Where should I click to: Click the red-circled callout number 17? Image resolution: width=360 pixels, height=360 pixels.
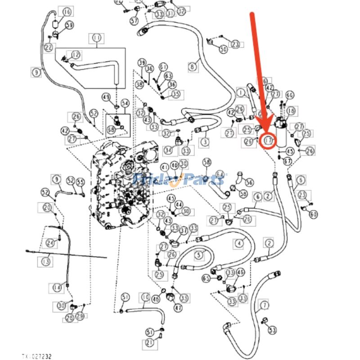(x=269, y=141)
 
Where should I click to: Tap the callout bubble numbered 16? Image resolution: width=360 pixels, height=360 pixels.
(x=67, y=12)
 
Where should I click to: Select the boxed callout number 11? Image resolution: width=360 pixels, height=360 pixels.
(x=96, y=39)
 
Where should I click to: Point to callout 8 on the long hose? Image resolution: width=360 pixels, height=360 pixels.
(x=193, y=67)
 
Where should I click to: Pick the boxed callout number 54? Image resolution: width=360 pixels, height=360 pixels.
(x=125, y=104)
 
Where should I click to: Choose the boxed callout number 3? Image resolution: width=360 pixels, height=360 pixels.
(x=205, y=142)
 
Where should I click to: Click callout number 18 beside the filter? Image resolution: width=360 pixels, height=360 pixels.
(x=291, y=111)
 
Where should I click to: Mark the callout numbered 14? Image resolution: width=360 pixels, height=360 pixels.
(x=57, y=287)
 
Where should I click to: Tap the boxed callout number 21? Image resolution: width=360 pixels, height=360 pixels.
(x=149, y=345)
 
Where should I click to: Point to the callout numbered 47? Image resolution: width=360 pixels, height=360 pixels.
(x=178, y=308)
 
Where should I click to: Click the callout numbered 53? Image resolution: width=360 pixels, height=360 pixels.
(x=272, y=331)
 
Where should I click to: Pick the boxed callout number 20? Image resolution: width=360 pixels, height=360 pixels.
(x=48, y=208)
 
